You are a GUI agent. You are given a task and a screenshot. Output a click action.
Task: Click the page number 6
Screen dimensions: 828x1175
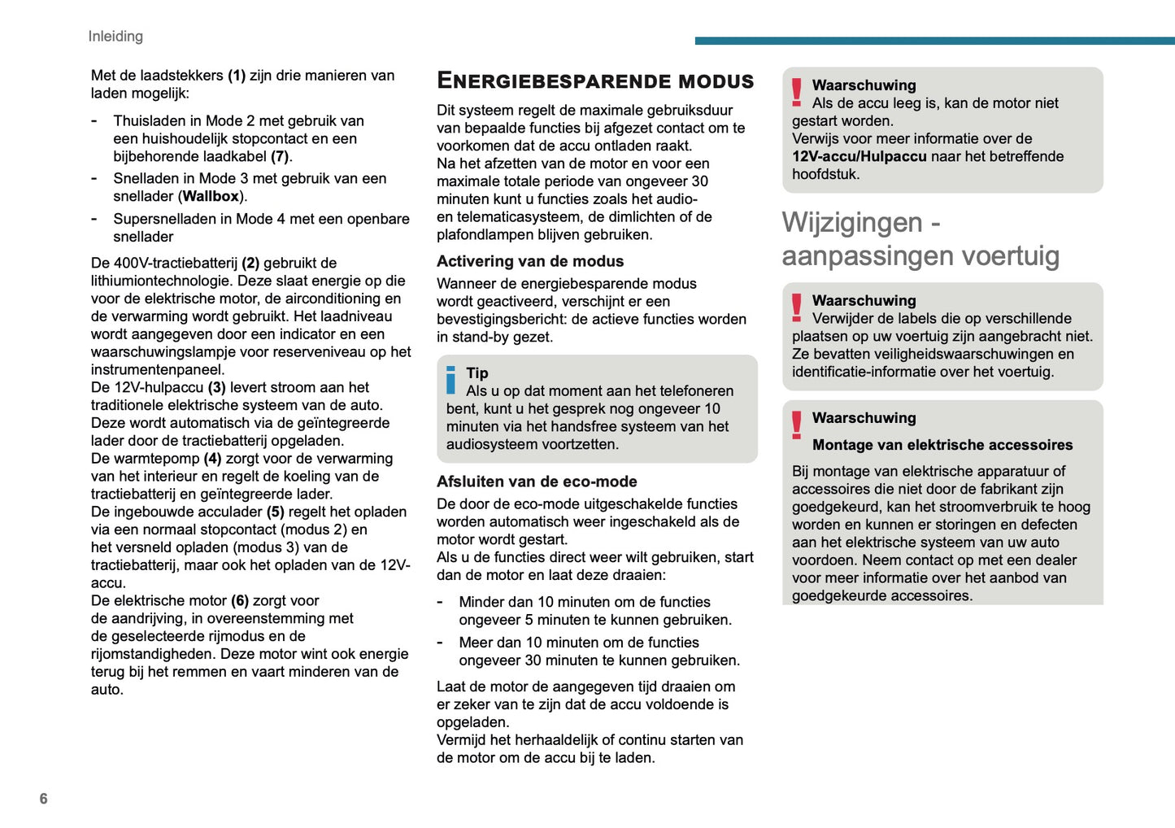[44, 799]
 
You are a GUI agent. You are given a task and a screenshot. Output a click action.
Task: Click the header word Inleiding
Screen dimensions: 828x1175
[115, 36]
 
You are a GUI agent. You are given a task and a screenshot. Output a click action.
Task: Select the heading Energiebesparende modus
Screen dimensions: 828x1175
[595, 81]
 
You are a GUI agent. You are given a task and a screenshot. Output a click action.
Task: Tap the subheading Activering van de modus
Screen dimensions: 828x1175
[530, 261]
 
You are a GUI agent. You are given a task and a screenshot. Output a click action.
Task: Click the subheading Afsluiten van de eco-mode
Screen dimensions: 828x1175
[537, 482]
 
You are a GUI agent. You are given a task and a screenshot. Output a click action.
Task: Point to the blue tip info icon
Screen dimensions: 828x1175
[451, 380]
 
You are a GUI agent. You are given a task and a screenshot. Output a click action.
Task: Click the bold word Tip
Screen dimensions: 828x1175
[477, 373]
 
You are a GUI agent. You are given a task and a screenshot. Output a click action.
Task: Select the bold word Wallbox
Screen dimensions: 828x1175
[211, 196]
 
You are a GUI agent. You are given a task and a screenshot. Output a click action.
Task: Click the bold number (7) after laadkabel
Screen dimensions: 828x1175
[280, 156]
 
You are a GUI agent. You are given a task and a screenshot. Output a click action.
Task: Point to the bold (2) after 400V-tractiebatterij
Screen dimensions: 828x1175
[250, 263]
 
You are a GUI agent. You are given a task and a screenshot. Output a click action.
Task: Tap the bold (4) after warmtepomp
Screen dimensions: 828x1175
[212, 459]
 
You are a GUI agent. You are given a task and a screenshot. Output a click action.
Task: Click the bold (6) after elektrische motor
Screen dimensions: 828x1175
[240, 600]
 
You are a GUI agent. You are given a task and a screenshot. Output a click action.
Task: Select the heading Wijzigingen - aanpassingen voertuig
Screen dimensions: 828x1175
[920, 239]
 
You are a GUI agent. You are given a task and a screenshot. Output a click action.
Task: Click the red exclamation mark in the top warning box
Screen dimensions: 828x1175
[797, 93]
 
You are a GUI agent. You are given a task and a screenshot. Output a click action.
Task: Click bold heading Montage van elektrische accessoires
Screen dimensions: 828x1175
[942, 445]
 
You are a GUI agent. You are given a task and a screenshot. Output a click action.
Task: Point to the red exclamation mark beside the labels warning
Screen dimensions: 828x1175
[797, 307]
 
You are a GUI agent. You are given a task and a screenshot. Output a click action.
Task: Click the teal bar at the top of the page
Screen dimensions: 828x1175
[934, 40]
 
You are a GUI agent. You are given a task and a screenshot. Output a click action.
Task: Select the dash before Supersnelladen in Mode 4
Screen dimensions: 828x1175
[94, 218]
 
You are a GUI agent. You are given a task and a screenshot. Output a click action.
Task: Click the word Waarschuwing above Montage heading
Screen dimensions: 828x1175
[864, 417]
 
